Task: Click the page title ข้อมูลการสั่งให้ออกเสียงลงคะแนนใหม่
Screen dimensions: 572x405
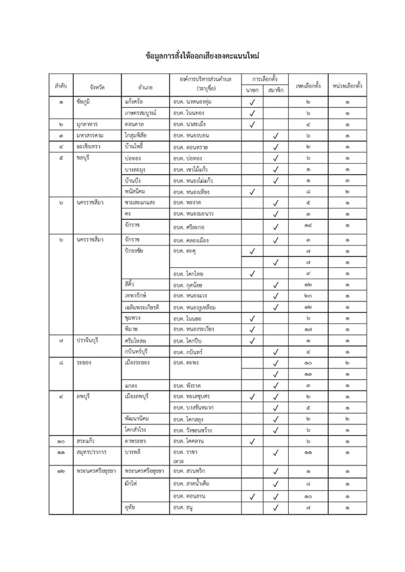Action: pos(202,53)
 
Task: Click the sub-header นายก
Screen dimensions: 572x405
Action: pos(252,89)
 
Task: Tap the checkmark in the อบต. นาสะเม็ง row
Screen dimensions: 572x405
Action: pos(252,124)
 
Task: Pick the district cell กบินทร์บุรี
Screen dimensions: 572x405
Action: pos(141,351)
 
